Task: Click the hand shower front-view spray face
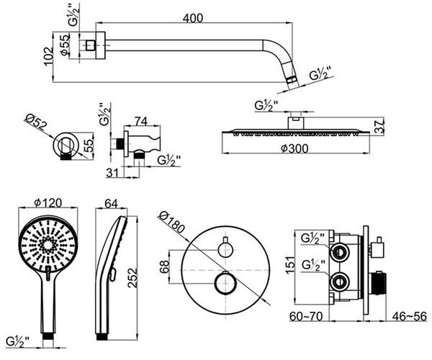coord(49,245)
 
